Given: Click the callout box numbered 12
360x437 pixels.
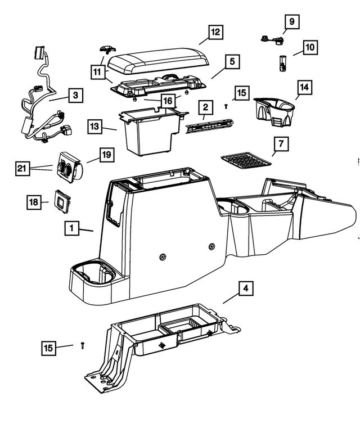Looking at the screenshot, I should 214,33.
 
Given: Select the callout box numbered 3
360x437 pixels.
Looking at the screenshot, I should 75,96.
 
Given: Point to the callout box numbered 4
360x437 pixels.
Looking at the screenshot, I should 245,289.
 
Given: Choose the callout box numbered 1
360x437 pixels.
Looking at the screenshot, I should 71,228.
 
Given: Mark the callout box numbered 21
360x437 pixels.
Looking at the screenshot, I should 21,168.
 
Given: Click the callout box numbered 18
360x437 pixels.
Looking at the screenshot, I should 35,201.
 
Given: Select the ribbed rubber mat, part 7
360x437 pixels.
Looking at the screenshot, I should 245,160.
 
